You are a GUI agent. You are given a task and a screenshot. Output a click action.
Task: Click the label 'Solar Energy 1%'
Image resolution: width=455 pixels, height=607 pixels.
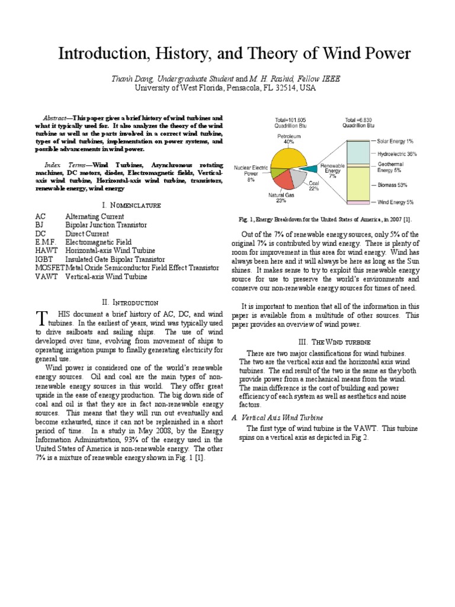395,142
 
